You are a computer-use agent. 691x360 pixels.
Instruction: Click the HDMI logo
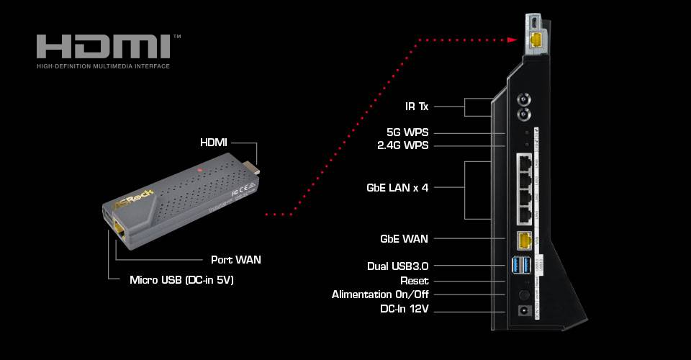(x=103, y=48)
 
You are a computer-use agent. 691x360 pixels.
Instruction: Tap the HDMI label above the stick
(x=214, y=143)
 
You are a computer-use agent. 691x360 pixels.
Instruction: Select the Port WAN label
(x=235, y=259)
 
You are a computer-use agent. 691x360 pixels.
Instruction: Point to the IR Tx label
(x=417, y=107)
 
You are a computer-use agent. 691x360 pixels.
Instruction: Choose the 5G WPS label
(x=407, y=132)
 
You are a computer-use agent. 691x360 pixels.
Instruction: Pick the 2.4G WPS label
(x=403, y=145)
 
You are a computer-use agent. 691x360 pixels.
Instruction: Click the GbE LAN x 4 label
(x=397, y=187)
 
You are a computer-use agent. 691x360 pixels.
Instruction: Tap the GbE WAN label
(x=404, y=238)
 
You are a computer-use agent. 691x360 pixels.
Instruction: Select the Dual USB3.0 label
(x=398, y=266)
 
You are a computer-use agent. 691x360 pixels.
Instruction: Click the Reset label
(x=414, y=280)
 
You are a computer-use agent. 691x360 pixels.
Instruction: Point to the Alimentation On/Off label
(x=380, y=294)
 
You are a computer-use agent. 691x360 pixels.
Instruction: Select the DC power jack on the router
(x=524, y=312)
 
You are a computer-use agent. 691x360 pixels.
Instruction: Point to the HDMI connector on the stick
(x=253, y=168)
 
